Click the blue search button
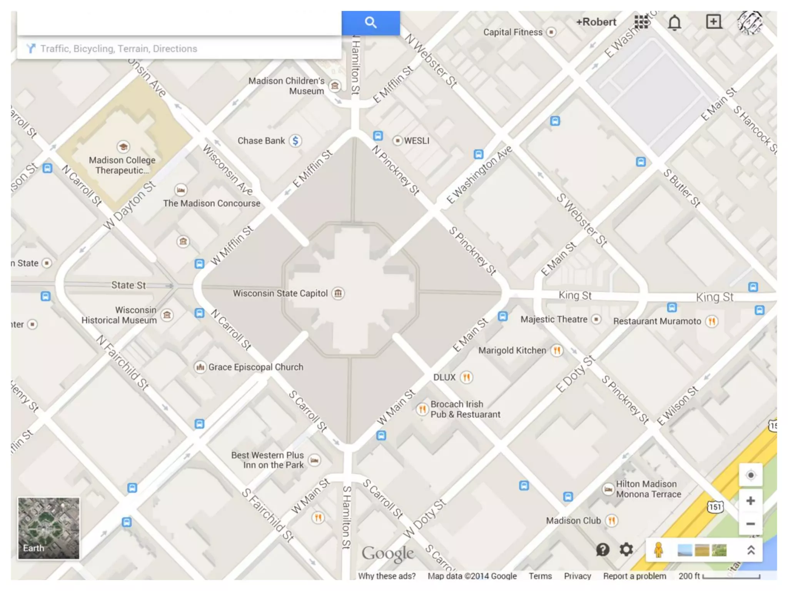(x=371, y=23)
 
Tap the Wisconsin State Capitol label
(x=280, y=294)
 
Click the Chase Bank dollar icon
(x=295, y=141)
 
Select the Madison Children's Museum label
(x=286, y=86)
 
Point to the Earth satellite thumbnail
(x=48, y=528)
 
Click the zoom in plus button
(x=750, y=501)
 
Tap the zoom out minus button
(x=750, y=524)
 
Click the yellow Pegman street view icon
(x=658, y=550)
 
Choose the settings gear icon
(x=626, y=549)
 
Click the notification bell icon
(x=674, y=23)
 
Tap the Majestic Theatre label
(x=554, y=319)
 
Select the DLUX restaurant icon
(x=466, y=377)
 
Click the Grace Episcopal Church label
(x=255, y=367)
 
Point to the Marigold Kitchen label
(x=512, y=351)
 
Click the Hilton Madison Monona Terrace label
(x=648, y=489)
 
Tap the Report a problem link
(x=634, y=576)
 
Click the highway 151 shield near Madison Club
(x=715, y=507)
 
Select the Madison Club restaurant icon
(x=611, y=521)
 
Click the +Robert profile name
(x=596, y=22)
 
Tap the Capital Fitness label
(x=513, y=32)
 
